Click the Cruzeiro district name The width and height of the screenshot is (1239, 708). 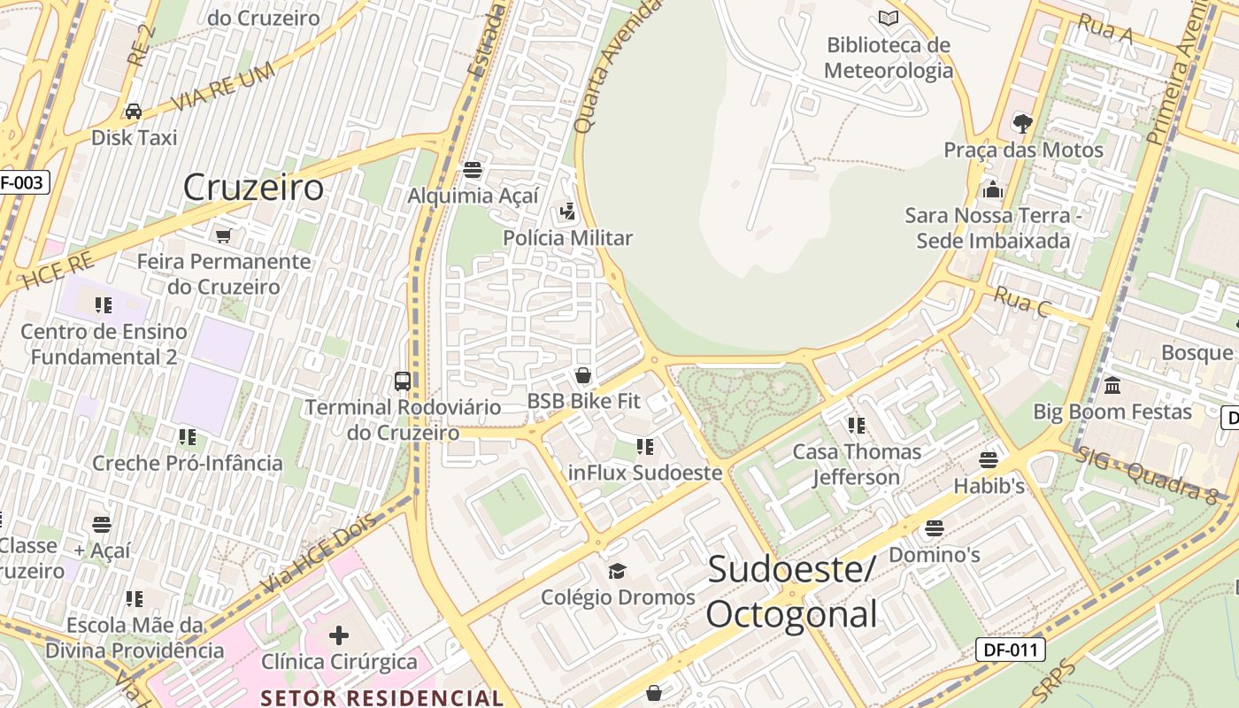pyautogui.click(x=254, y=188)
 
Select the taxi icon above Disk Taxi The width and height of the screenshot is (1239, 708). pyautogui.click(x=134, y=112)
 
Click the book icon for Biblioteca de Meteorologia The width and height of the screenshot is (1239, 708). pyautogui.click(x=888, y=18)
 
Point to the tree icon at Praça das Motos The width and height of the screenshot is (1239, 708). pyautogui.click(x=1023, y=123)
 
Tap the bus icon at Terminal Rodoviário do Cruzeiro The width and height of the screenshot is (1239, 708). pyautogui.click(x=403, y=381)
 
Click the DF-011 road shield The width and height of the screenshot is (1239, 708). pyautogui.click(x=1011, y=650)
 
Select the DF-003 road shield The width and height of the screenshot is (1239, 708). pyautogui.click(x=21, y=183)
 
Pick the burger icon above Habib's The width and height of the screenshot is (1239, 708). pyautogui.click(x=989, y=460)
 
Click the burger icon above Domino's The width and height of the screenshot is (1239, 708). pyautogui.click(x=934, y=529)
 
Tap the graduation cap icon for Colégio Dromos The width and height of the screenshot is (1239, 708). pyautogui.click(x=617, y=571)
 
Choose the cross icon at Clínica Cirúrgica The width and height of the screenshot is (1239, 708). pyautogui.click(x=339, y=635)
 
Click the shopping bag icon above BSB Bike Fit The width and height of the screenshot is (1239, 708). pyautogui.click(x=583, y=375)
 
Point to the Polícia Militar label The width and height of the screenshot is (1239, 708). pyautogui.click(x=568, y=238)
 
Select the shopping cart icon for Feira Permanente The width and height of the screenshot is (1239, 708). pyautogui.click(x=224, y=235)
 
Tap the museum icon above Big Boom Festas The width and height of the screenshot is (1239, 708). pyautogui.click(x=1112, y=386)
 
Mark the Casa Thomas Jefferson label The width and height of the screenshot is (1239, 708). pyautogui.click(x=857, y=465)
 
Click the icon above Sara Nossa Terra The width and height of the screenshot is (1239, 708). pyautogui.click(x=992, y=189)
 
